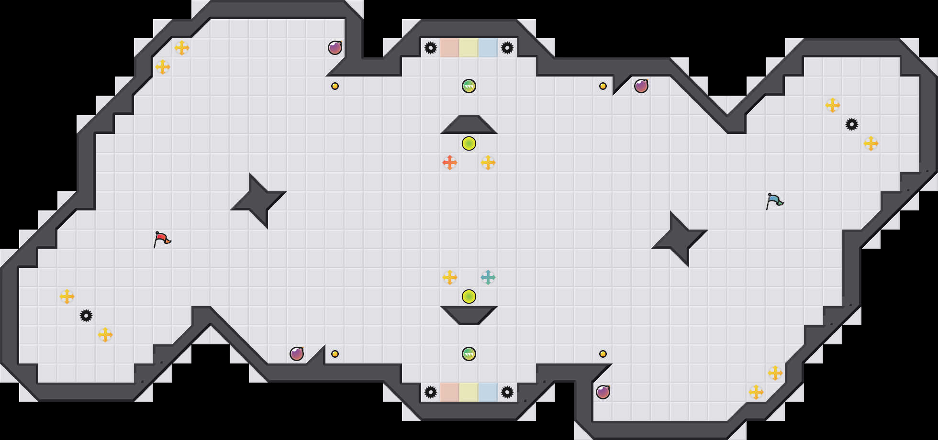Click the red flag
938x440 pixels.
pyautogui.click(x=162, y=239)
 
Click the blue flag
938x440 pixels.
pyautogui.click(x=774, y=200)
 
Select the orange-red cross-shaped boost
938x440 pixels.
pyautogui.click(x=450, y=163)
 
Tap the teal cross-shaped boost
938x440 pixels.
pyautogui.click(x=488, y=277)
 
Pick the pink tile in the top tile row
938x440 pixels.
pyautogui.click(x=450, y=48)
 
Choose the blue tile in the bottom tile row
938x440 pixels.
pyautogui.click(x=488, y=392)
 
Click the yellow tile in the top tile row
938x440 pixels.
pyautogui.click(x=469, y=48)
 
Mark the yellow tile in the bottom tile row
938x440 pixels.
pyautogui.click(x=469, y=392)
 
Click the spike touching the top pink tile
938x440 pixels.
pyautogui.click(x=431, y=48)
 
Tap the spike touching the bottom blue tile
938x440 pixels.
pyautogui.click(x=507, y=392)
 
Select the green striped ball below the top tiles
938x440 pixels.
pyautogui.click(x=469, y=86)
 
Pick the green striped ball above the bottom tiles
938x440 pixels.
pyautogui.click(x=469, y=354)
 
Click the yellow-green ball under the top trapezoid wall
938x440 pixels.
pyautogui.click(x=469, y=143)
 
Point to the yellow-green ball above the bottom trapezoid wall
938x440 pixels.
pyautogui.click(x=469, y=297)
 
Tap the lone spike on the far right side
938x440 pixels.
pyautogui.click(x=852, y=124)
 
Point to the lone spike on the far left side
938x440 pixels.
pyautogui.click(x=86, y=316)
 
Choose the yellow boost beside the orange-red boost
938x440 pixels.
pyautogui.click(x=488, y=163)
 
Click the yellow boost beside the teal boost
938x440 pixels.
pyautogui.click(x=450, y=277)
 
